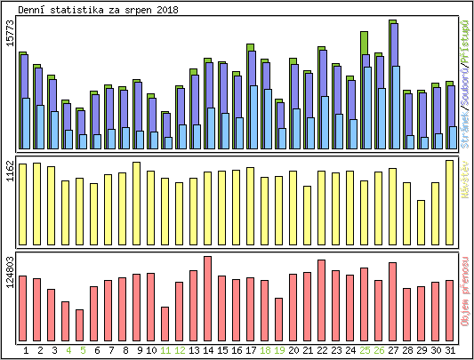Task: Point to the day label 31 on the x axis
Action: click(450, 350)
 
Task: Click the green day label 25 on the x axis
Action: click(365, 350)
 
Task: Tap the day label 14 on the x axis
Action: click(208, 350)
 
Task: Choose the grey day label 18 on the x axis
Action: click(265, 350)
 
